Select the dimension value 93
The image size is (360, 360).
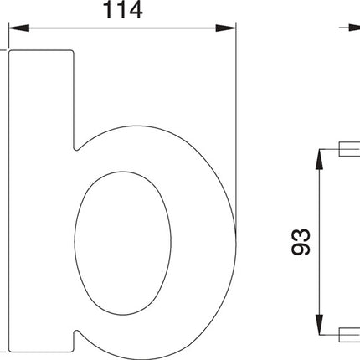pyautogui.click(x=303, y=241)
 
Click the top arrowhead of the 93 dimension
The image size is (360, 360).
pyautogui.click(x=318, y=157)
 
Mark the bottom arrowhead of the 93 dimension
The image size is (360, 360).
pyautogui.click(x=318, y=327)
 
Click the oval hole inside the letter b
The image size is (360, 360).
pyautogui.click(x=123, y=243)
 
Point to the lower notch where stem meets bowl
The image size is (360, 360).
pyautogui.click(x=78, y=336)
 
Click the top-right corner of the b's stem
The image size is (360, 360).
pyautogui.click(x=74, y=51)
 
